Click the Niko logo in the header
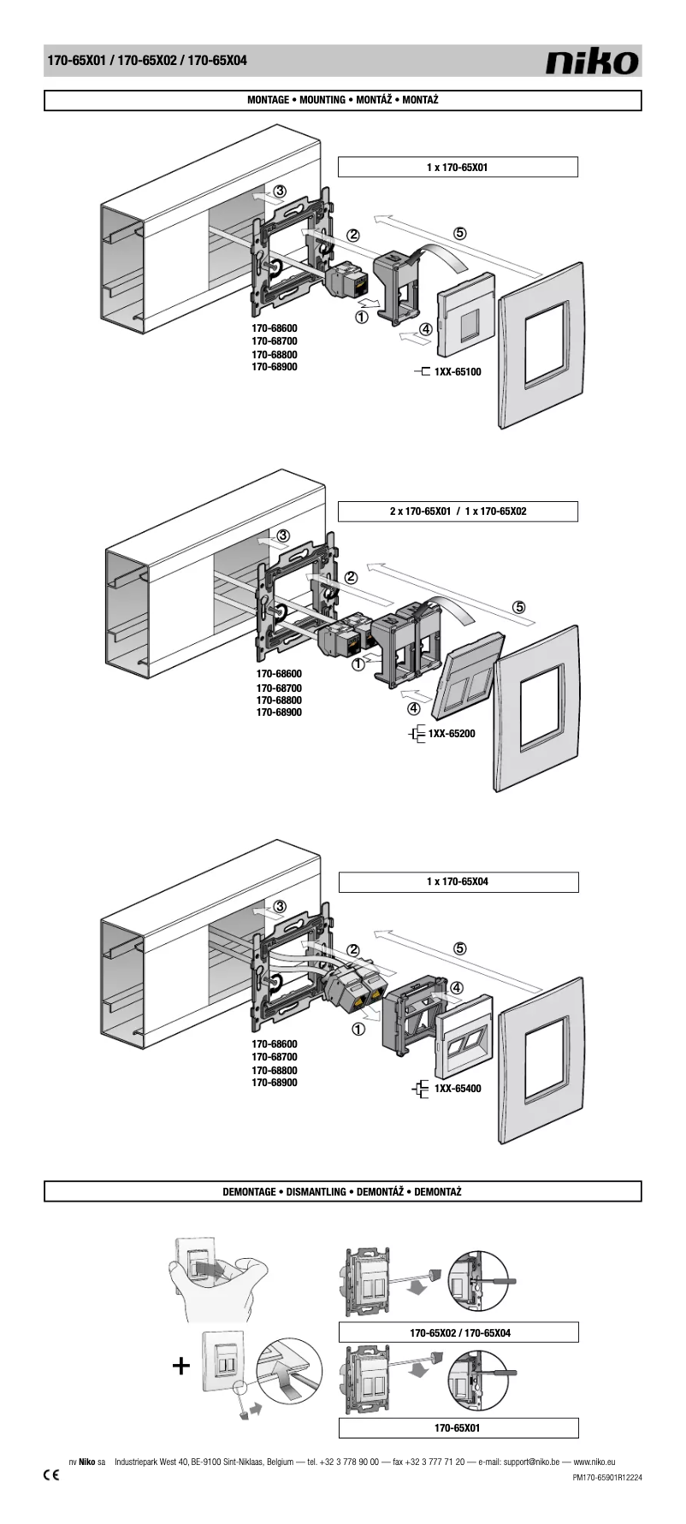coord(593,61)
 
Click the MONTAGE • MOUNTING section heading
coord(342,100)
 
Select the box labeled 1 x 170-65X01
coord(458,168)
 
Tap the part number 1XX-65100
coord(458,372)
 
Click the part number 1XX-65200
coord(452,734)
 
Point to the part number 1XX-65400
coord(458,1089)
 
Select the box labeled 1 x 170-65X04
coord(458,882)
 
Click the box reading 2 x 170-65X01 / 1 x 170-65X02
coord(458,511)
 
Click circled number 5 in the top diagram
coord(460,233)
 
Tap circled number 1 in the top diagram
coord(361,317)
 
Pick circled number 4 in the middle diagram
coord(414,708)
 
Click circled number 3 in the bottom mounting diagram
coord(280,907)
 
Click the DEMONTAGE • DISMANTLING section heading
coord(342,1191)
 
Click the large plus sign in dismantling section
coord(180,1367)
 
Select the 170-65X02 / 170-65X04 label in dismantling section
coord(459,1332)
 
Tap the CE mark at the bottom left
coord(51,1476)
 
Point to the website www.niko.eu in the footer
coord(594,1462)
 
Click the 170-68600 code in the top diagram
coord(275,328)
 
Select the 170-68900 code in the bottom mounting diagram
coord(275,1083)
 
